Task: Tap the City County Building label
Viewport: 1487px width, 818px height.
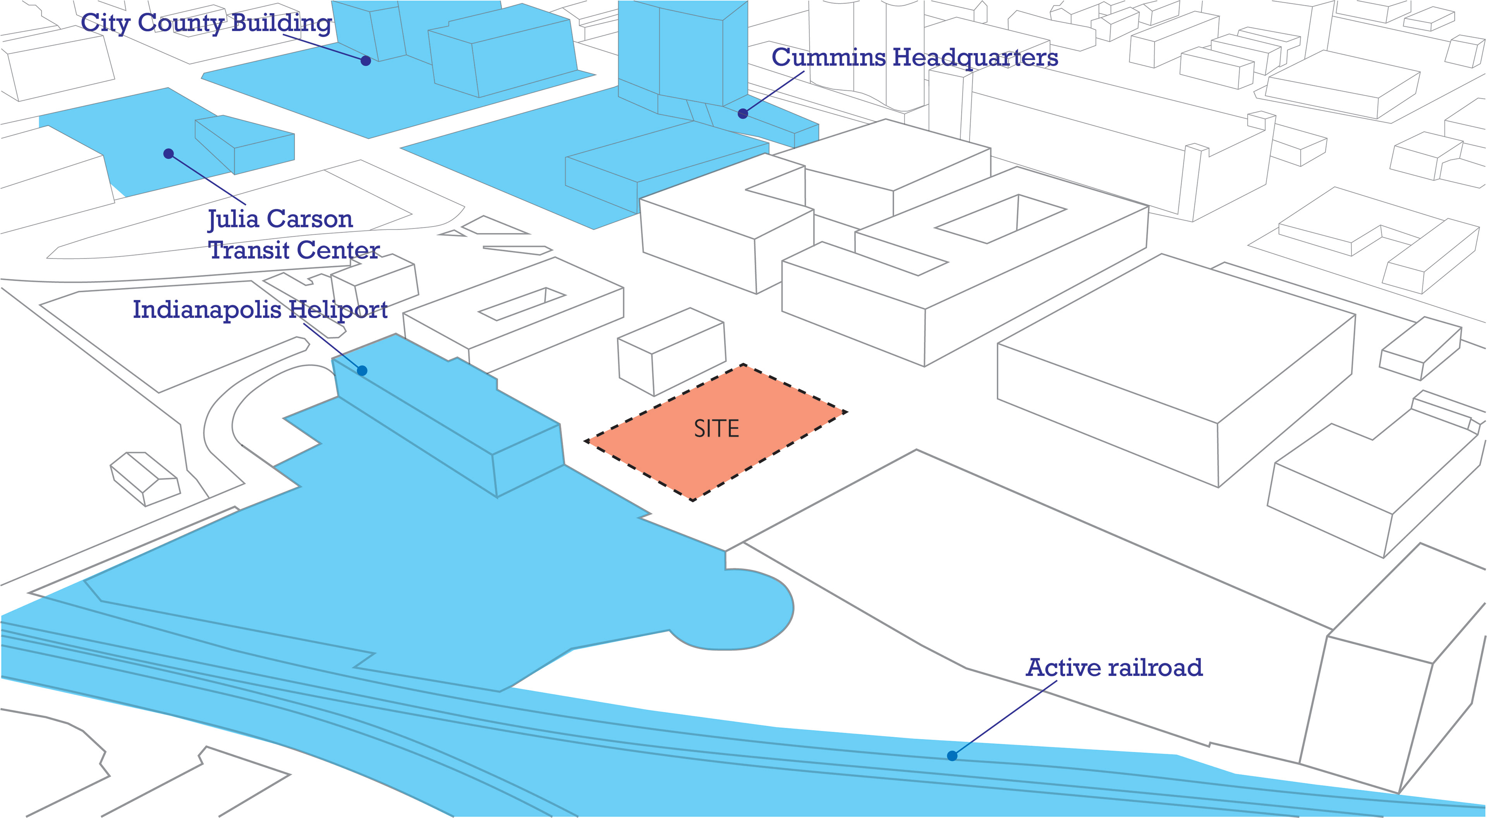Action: (x=206, y=24)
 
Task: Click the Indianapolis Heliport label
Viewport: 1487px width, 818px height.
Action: (x=260, y=309)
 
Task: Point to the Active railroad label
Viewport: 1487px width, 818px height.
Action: (x=1114, y=668)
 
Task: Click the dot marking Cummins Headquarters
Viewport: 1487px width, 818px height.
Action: (x=743, y=114)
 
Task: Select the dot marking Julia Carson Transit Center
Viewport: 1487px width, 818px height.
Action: (x=168, y=154)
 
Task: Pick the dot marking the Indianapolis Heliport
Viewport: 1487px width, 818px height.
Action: (x=362, y=370)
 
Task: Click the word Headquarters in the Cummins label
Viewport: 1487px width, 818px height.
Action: (x=975, y=58)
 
